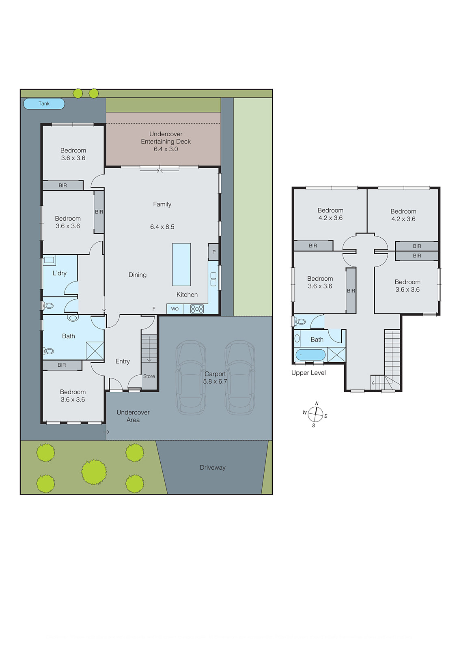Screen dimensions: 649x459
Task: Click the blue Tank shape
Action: pyautogui.click(x=44, y=104)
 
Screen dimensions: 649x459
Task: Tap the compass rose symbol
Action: pyautogui.click(x=315, y=414)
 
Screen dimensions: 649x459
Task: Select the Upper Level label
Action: pyautogui.click(x=308, y=373)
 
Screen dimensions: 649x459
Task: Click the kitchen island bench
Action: pyautogui.click(x=181, y=264)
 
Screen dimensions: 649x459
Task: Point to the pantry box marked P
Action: pyautogui.click(x=213, y=252)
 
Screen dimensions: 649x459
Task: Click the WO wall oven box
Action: pyautogui.click(x=175, y=309)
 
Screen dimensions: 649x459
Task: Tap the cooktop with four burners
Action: pyautogui.click(x=197, y=309)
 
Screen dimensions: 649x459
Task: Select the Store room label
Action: pyautogui.click(x=149, y=376)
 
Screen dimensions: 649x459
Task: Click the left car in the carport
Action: pyautogui.click(x=191, y=377)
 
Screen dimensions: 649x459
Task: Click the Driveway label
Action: pyautogui.click(x=212, y=468)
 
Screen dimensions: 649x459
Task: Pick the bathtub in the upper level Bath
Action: pyautogui.click(x=310, y=355)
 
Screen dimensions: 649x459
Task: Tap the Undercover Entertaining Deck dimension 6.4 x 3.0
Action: pyautogui.click(x=166, y=149)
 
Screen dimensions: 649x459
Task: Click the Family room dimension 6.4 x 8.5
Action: pyautogui.click(x=162, y=227)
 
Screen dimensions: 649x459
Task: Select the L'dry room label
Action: pyautogui.click(x=59, y=273)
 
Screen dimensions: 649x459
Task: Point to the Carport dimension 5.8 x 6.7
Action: pyautogui.click(x=215, y=382)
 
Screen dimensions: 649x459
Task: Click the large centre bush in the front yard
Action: pyautogui.click(x=94, y=472)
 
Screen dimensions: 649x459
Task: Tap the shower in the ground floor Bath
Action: pyautogui.click(x=95, y=351)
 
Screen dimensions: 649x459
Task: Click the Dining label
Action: pyautogui.click(x=137, y=275)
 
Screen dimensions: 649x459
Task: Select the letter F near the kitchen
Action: pyautogui.click(x=154, y=309)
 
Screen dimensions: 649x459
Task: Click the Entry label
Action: pyautogui.click(x=123, y=361)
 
